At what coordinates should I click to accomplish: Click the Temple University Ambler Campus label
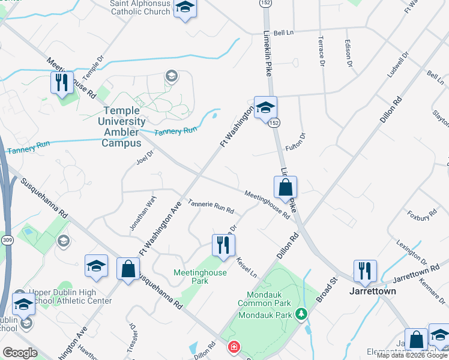point(123,127)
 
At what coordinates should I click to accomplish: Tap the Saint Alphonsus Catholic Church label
point(140,7)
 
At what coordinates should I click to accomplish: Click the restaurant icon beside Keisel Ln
point(223,245)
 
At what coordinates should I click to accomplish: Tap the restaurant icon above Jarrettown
point(365,271)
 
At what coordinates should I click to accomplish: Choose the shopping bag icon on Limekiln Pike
point(285,188)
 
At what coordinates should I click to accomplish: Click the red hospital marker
point(233,347)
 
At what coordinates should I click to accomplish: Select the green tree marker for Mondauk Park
point(301,314)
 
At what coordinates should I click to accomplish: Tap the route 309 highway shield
point(7,223)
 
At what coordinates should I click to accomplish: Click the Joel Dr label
point(145,157)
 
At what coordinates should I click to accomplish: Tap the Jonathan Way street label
point(143,212)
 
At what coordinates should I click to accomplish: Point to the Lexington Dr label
point(411,253)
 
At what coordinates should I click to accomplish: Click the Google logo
point(20,353)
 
